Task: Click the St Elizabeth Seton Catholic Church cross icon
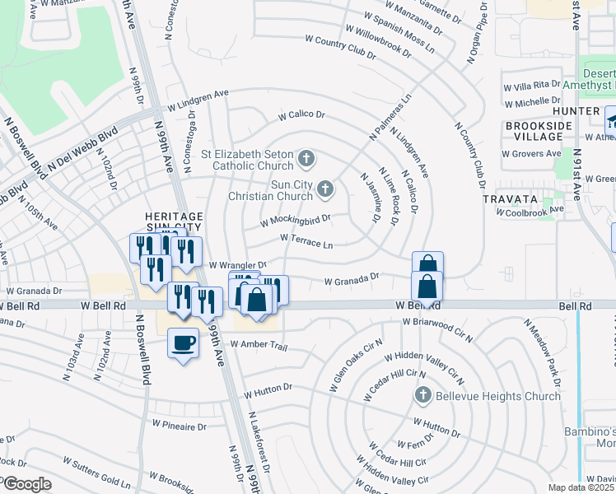(x=306, y=157)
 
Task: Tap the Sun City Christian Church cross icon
(x=325, y=191)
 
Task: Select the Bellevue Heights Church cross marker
(x=423, y=396)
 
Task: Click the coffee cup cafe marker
(x=183, y=343)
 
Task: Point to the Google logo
(x=26, y=484)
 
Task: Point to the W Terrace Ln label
(x=306, y=240)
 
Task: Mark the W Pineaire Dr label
(x=178, y=426)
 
